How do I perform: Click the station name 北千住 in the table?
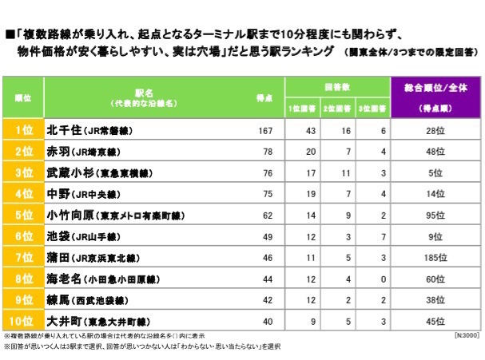pos(63,130)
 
